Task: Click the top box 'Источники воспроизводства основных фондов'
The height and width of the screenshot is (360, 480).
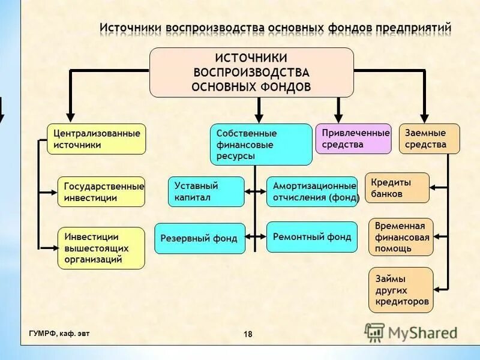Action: [x=251, y=73]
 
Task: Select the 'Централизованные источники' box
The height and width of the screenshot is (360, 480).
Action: [x=96, y=139]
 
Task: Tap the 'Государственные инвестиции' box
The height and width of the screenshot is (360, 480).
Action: [x=101, y=192]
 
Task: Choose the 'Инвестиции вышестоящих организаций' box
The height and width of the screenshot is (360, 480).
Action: [x=101, y=248]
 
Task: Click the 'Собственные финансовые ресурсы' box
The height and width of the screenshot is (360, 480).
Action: [x=261, y=144]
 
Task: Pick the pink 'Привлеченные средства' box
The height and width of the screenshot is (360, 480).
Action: [x=353, y=139]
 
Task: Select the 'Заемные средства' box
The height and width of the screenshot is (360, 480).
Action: [x=430, y=139]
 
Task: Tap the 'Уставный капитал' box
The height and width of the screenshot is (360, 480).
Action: [x=206, y=191]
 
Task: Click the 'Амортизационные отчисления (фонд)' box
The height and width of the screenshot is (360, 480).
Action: [x=311, y=191]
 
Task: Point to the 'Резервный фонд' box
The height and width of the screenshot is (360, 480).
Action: [x=200, y=238]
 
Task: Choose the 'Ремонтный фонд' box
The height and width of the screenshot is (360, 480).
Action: [x=311, y=237]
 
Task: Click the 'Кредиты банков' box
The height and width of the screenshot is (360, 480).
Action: [x=397, y=188]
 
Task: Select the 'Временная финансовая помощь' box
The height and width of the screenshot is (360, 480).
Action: [x=400, y=237]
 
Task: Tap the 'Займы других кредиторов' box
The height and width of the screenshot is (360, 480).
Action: [x=400, y=290]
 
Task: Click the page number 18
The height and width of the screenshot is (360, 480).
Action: [x=248, y=334]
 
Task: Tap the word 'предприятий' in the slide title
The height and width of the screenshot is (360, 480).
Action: [x=414, y=28]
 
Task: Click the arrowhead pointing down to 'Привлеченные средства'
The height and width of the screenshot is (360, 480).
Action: [x=338, y=118]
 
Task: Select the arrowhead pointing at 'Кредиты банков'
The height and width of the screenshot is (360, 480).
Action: [x=433, y=188]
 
